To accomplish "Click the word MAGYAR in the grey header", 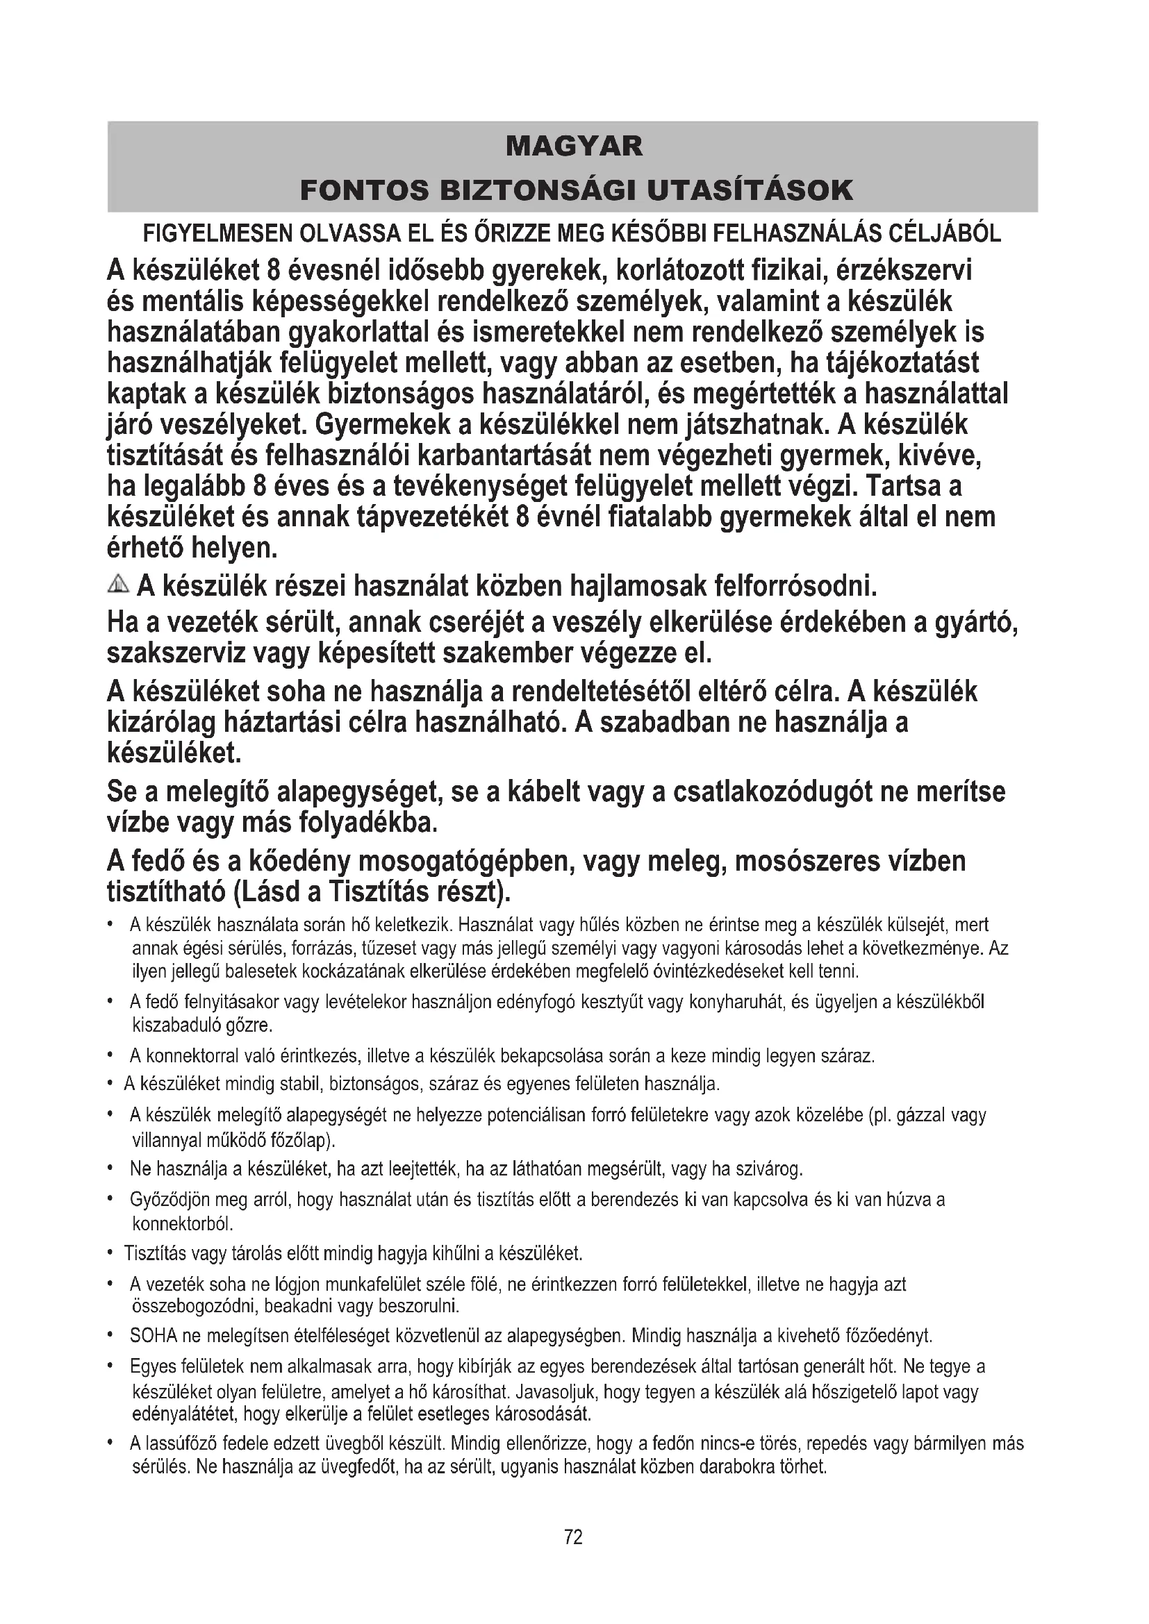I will (574, 146).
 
